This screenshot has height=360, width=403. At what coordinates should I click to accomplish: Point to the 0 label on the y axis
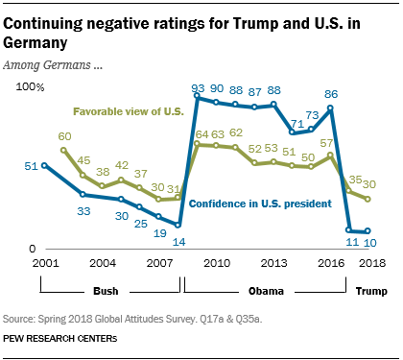(x=30, y=249)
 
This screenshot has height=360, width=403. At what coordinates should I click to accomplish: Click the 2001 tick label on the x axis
(x=42, y=263)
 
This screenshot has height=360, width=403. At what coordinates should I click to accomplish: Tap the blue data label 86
(x=331, y=94)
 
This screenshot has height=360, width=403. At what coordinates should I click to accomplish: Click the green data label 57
(x=328, y=142)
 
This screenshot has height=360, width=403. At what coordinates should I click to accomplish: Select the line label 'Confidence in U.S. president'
(x=255, y=203)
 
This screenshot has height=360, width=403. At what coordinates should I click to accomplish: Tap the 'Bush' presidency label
(x=105, y=290)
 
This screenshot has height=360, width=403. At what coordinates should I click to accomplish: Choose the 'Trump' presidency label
(x=370, y=290)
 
